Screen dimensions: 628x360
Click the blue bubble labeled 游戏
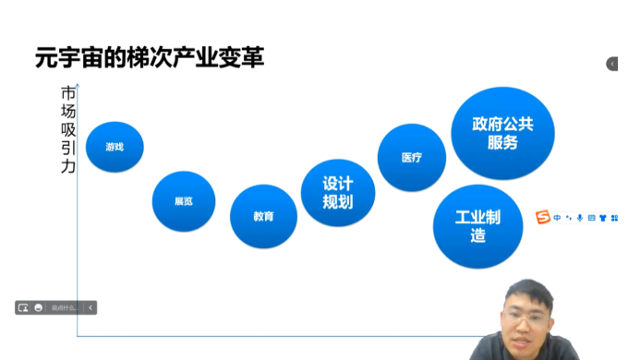(x=115, y=148)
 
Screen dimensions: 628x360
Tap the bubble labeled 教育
(x=263, y=217)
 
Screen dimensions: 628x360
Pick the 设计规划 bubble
(x=338, y=193)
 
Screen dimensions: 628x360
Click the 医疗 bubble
(x=412, y=158)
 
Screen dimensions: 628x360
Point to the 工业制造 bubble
(x=477, y=226)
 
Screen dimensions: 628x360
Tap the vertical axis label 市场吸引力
(x=68, y=130)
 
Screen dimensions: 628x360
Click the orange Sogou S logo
(x=542, y=218)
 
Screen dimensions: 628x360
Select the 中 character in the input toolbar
(x=557, y=219)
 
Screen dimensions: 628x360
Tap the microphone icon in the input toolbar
(x=580, y=219)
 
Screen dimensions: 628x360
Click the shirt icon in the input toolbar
(x=602, y=219)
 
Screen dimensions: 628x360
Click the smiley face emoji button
(x=39, y=307)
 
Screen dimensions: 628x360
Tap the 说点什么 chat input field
(x=65, y=307)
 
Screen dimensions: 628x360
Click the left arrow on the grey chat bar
(x=91, y=307)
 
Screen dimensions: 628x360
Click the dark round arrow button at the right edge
(x=612, y=64)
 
